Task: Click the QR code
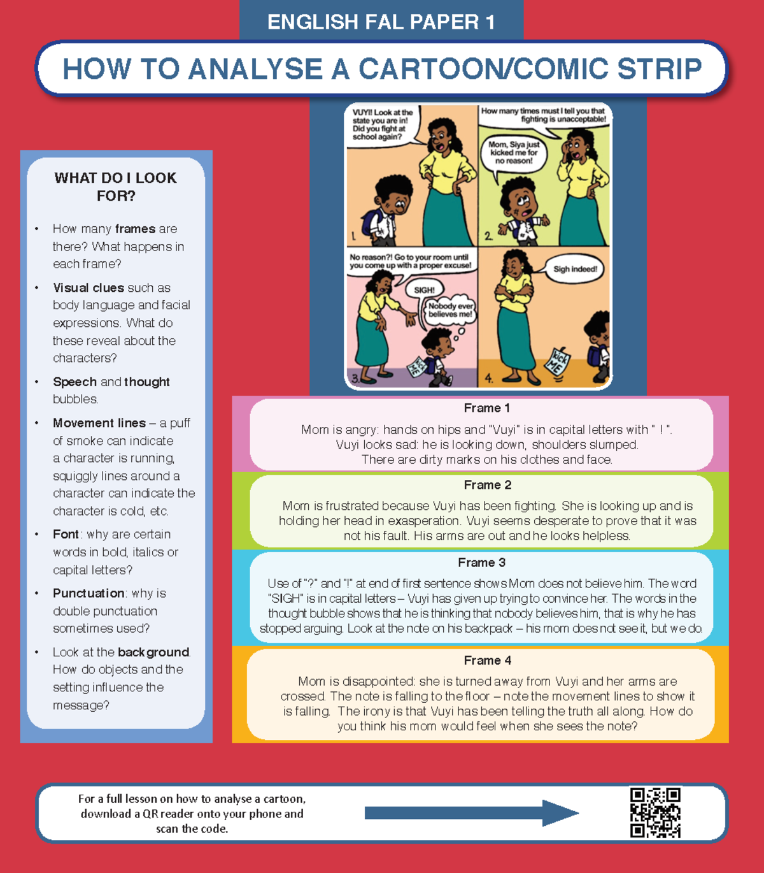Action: [x=655, y=812]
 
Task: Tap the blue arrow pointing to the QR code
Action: [x=471, y=813]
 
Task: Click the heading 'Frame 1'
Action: [x=486, y=408]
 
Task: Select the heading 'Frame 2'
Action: [x=487, y=485]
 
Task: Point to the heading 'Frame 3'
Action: [x=481, y=563]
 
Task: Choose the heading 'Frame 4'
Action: [x=487, y=660]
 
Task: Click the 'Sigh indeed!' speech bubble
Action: [x=574, y=270]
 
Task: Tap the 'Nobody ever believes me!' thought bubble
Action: [x=450, y=310]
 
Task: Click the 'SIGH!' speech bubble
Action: [x=424, y=290]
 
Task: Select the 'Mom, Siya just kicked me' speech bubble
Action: [x=514, y=153]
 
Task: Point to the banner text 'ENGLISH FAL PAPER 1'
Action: [x=381, y=22]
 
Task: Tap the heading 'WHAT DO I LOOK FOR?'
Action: [x=116, y=187]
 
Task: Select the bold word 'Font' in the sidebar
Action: [x=66, y=534]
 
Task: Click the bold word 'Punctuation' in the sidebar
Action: [x=88, y=593]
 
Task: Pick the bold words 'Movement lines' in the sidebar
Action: [x=99, y=423]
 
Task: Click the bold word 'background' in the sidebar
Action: [x=153, y=653]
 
